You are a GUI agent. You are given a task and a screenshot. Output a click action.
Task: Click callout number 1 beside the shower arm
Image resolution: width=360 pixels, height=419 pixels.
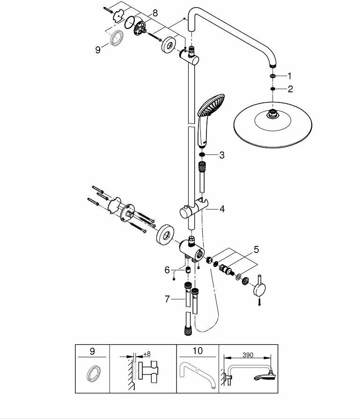(x=289, y=75)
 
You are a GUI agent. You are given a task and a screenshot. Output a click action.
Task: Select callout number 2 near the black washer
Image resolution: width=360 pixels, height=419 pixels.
(x=290, y=89)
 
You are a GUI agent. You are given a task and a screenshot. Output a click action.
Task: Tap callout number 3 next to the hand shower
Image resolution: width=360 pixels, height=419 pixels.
(x=221, y=155)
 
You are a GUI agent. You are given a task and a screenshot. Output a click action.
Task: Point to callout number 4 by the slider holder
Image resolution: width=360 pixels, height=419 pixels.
(x=222, y=209)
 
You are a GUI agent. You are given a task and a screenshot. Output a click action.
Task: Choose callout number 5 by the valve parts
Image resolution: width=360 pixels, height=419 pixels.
(x=256, y=250)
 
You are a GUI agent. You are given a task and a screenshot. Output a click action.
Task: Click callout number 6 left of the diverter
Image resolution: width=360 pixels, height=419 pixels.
(x=167, y=270)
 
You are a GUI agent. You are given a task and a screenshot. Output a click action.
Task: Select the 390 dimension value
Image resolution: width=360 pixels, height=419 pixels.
(x=248, y=355)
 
